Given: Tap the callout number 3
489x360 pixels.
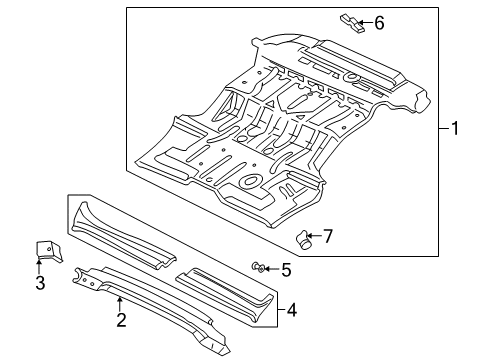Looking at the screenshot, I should [39, 283].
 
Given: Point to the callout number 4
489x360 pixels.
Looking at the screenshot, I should [291, 310].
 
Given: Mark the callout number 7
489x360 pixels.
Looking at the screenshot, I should [326, 237].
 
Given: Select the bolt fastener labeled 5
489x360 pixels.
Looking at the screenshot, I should [258, 266].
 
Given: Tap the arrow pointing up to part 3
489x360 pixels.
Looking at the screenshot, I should [39, 266].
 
